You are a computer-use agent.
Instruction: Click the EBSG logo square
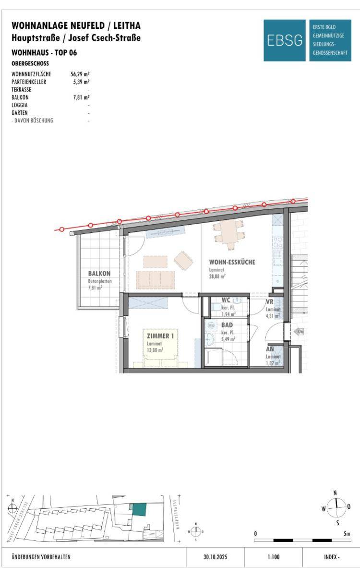click(284, 40)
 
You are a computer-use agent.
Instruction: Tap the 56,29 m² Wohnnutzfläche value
click(80, 74)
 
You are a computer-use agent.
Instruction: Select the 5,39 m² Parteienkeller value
click(81, 82)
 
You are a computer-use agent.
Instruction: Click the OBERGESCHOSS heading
click(30, 63)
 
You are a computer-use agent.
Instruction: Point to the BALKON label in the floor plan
click(99, 273)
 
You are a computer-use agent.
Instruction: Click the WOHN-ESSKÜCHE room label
click(232, 262)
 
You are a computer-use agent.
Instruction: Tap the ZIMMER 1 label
click(160, 336)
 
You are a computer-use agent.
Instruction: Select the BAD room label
click(227, 325)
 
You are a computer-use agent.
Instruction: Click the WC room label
click(226, 300)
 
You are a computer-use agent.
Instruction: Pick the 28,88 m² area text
click(217, 276)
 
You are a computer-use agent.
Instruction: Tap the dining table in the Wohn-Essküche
click(228, 235)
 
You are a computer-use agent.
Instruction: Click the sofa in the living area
click(156, 280)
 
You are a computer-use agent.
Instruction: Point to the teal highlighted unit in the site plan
click(139, 509)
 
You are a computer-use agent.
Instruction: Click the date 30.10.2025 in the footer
click(215, 557)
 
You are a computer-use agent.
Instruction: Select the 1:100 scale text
click(273, 557)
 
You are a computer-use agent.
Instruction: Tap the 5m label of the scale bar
click(347, 534)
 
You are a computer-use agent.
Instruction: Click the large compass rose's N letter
click(335, 493)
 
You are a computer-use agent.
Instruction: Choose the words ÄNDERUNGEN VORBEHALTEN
click(41, 557)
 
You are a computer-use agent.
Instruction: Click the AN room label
click(270, 349)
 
